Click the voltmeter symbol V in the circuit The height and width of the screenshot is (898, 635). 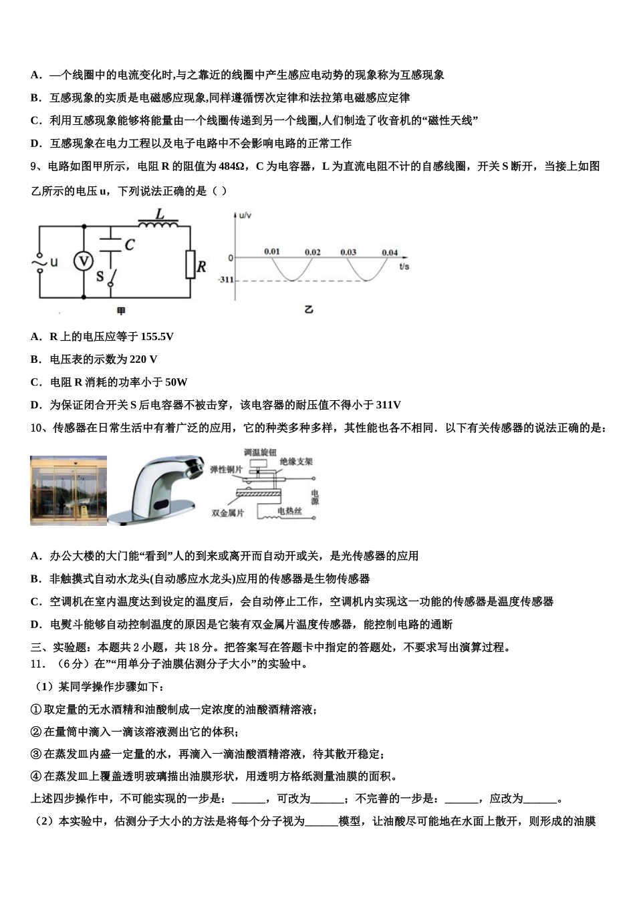coord(84,261)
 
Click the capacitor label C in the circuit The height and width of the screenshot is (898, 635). coord(130,245)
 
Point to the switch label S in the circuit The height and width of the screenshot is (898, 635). coord(100,275)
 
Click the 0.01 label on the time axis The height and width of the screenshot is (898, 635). coord(271,252)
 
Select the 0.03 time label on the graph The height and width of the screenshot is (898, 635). coord(348,252)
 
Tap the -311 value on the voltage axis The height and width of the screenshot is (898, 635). coord(225,279)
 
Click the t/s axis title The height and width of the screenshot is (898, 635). coord(404,266)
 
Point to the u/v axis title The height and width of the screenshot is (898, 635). coord(245,215)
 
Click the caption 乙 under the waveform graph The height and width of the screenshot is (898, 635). coord(308,309)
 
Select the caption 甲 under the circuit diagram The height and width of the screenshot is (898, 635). coord(121,311)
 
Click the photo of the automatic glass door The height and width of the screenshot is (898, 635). coord(68,490)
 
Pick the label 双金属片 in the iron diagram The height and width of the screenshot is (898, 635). coord(227,513)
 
